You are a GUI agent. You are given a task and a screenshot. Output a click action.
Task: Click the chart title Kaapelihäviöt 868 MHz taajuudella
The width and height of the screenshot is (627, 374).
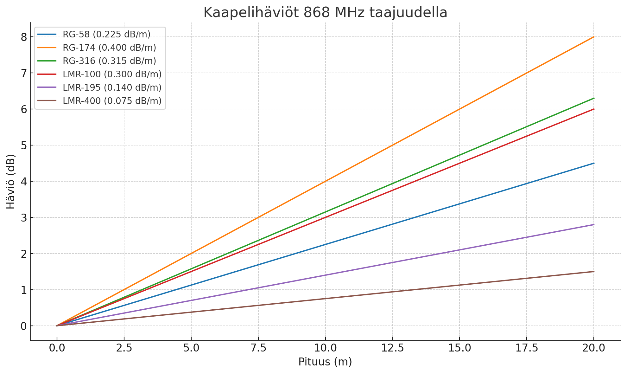[325, 13]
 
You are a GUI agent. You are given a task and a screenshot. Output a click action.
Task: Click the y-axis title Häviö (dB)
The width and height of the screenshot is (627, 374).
[11, 181]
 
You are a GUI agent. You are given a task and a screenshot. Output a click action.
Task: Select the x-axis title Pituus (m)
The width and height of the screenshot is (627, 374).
[325, 362]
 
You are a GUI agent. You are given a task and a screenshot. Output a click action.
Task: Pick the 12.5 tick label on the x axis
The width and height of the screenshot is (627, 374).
[392, 348]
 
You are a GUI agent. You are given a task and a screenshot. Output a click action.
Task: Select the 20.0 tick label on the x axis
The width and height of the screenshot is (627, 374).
[593, 348]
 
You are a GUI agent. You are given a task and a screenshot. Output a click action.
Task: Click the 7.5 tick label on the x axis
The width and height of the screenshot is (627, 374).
[258, 348]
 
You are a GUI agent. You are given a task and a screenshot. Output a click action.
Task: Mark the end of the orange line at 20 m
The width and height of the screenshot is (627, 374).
[594, 37]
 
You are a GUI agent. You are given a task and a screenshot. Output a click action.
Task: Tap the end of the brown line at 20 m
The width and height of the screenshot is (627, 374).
[594, 272]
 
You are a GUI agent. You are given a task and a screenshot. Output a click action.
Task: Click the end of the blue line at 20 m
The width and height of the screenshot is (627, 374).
[594, 163]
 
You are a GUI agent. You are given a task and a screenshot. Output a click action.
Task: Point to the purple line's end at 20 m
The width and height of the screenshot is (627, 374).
[594, 224]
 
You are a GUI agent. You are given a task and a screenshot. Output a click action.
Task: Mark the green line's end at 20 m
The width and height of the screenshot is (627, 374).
[594, 98]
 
